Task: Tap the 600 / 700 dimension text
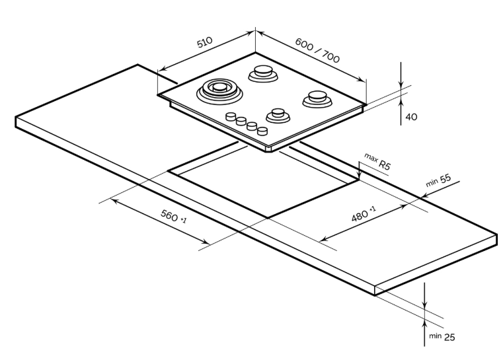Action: click(x=317, y=49)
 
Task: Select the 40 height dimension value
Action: click(x=410, y=117)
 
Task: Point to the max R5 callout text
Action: click(x=377, y=162)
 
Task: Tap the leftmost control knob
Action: click(x=231, y=117)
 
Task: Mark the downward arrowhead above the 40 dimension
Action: click(x=401, y=85)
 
